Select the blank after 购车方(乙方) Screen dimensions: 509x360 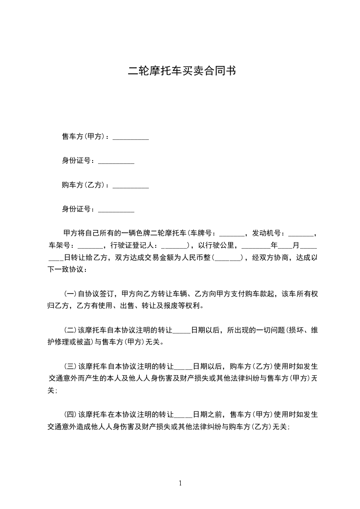[x=131, y=186]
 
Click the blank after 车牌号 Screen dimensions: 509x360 [x=232, y=235]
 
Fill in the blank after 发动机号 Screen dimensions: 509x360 [x=301, y=235]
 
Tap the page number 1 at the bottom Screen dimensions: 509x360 [x=180, y=483]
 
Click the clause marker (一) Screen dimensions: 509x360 [x=70, y=294]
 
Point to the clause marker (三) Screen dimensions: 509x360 [x=70, y=366]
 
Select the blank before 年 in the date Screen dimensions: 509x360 [x=256, y=246]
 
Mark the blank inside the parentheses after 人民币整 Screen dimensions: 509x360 [x=227, y=259]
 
